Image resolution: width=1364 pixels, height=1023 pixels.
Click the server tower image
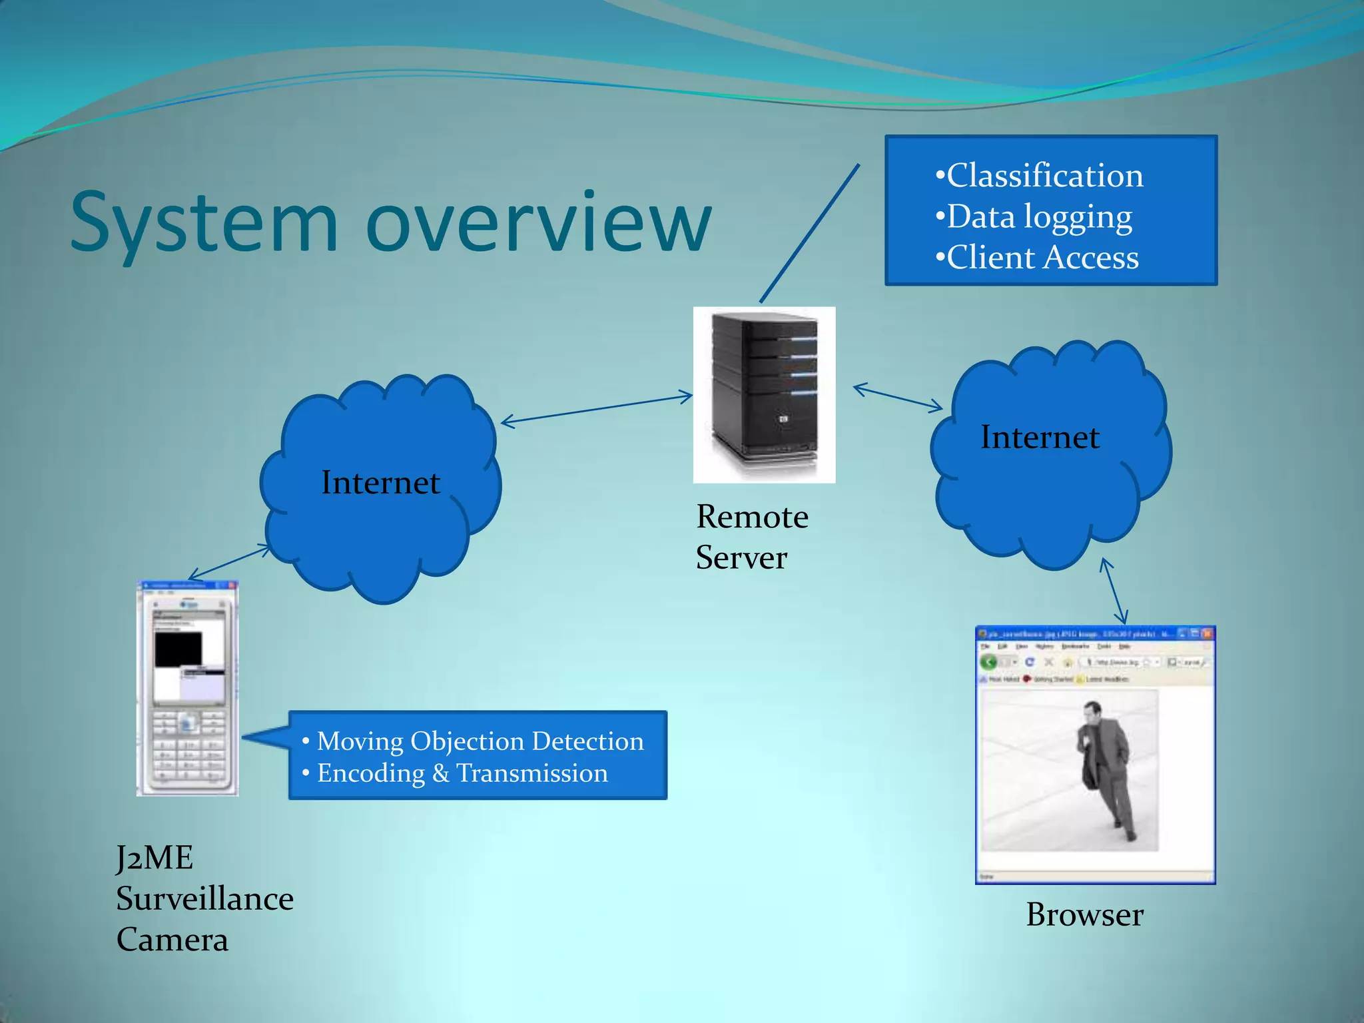(764, 394)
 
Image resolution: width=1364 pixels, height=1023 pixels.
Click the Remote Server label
(752, 537)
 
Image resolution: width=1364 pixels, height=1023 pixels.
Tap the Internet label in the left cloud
(380, 483)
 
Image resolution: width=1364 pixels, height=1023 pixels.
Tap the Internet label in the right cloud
(1040, 438)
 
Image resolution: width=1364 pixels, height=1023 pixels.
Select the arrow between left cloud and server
(597, 409)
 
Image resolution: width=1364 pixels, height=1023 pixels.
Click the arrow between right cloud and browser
(1114, 591)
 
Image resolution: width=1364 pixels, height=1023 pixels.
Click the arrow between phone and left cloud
(230, 562)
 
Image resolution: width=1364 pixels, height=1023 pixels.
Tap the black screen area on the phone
(178, 649)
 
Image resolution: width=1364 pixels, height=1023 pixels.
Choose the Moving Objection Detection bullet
(480, 741)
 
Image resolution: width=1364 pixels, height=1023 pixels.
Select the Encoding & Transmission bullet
(462, 773)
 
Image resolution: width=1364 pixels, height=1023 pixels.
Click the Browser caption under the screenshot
(1084, 915)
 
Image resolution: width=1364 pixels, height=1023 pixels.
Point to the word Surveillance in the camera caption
(204, 899)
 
